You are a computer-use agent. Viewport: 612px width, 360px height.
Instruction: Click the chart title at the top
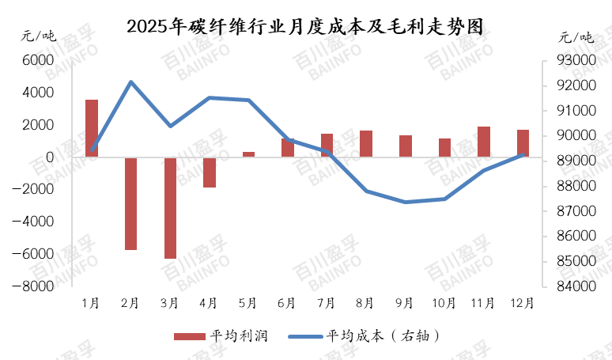click(x=305, y=27)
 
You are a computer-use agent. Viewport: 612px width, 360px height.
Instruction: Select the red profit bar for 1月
click(x=92, y=128)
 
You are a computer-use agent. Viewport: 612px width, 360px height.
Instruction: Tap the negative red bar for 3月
click(x=170, y=208)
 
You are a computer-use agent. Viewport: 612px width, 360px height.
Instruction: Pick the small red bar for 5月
click(x=248, y=154)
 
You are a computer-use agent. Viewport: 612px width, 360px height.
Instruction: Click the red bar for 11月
click(x=484, y=142)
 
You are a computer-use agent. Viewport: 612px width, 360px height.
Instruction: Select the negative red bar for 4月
click(x=210, y=172)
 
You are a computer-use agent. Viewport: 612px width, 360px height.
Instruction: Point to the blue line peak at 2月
click(x=130, y=82)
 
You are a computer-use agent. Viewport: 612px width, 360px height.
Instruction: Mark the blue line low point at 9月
click(x=406, y=202)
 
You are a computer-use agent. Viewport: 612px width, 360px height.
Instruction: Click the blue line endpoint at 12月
click(x=523, y=154)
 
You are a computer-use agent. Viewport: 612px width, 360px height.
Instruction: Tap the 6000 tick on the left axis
click(x=38, y=60)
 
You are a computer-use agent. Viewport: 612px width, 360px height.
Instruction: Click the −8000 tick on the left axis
click(x=32, y=286)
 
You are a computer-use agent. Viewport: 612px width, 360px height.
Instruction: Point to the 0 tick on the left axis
click(x=50, y=157)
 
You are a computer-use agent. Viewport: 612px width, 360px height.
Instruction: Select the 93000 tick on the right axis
click(x=576, y=60)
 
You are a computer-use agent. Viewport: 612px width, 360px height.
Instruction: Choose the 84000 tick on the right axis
click(x=576, y=286)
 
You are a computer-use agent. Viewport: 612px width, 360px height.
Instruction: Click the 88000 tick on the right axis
click(x=576, y=185)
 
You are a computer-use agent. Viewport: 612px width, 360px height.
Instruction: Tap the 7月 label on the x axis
click(x=326, y=303)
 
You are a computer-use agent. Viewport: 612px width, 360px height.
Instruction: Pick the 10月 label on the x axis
click(x=444, y=303)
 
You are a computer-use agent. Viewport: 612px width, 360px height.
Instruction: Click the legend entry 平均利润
click(x=221, y=335)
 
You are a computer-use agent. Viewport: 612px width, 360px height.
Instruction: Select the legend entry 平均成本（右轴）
click(x=365, y=335)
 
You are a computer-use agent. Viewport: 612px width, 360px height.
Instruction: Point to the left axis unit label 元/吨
click(x=39, y=36)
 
